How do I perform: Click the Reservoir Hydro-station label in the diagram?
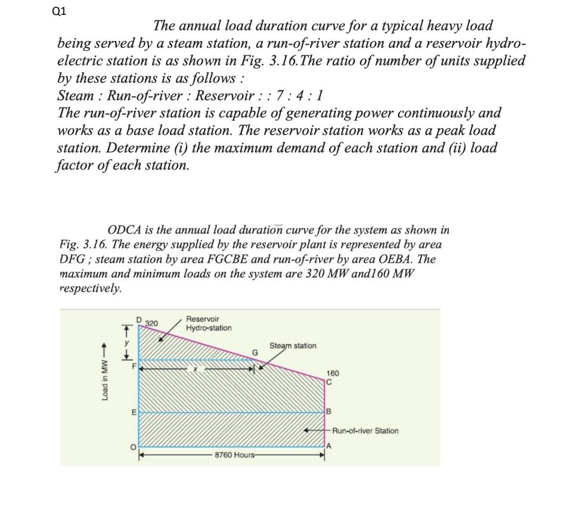point(209,324)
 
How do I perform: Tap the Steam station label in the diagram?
point(293,345)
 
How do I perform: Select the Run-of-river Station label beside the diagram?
point(365,431)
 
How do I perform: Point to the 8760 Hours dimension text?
point(235,454)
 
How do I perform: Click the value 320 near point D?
point(151,323)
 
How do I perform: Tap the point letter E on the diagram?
point(134,412)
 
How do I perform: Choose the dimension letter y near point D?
point(126,342)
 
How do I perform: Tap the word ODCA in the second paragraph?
point(125,230)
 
